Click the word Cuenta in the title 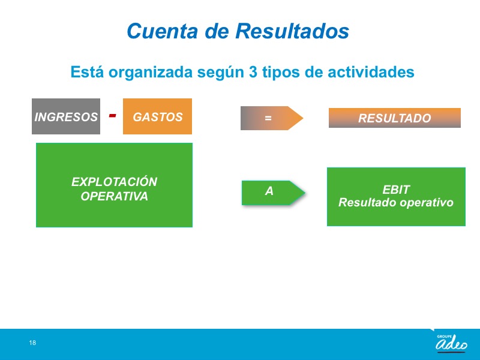[162, 31]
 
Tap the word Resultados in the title [292, 31]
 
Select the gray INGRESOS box [66, 116]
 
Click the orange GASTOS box [157, 116]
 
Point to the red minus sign [112, 115]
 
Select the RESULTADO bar [395, 118]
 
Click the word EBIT [396, 190]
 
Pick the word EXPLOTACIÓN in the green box [114, 182]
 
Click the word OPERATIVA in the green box [114, 196]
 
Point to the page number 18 [32, 343]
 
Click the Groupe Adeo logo [452, 343]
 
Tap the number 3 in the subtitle [253, 72]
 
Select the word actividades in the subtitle [371, 72]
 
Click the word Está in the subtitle [87, 72]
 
